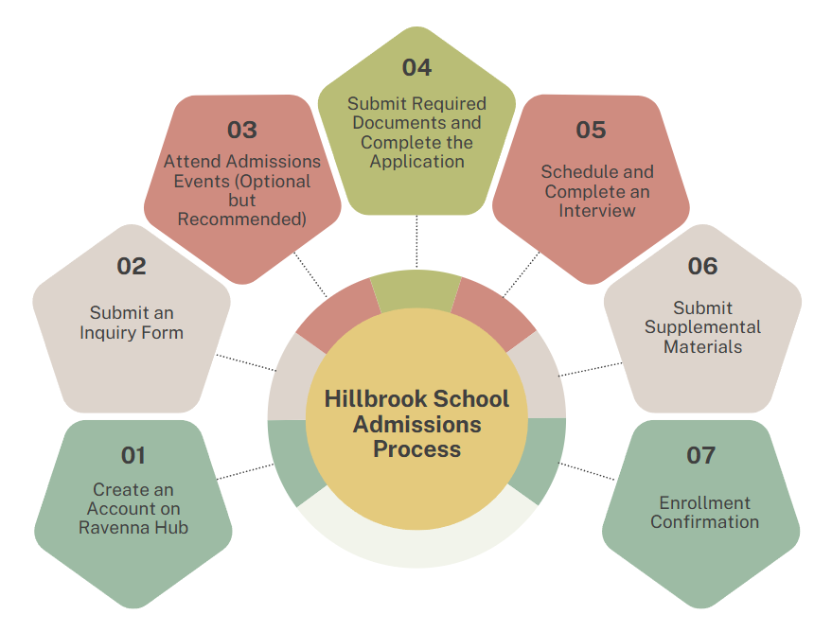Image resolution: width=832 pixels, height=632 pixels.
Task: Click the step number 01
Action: click(x=133, y=455)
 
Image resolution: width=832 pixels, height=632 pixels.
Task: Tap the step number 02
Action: click(x=131, y=266)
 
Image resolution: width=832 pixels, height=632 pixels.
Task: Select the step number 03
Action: click(x=242, y=130)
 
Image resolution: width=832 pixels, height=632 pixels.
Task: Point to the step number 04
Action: click(x=416, y=67)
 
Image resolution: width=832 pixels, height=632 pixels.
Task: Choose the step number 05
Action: click(x=591, y=130)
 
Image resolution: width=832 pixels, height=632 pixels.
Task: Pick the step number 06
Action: click(x=702, y=266)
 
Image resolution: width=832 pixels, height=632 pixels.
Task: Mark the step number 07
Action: click(x=701, y=455)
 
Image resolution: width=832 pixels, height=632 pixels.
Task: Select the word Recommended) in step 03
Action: click(x=242, y=219)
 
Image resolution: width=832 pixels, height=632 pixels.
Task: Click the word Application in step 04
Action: click(x=416, y=162)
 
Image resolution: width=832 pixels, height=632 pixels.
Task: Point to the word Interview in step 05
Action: click(x=597, y=210)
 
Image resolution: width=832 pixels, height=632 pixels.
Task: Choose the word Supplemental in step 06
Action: click(x=702, y=327)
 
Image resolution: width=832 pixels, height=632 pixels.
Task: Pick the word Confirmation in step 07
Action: click(x=704, y=521)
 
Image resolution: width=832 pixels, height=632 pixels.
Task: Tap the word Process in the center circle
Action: click(x=416, y=449)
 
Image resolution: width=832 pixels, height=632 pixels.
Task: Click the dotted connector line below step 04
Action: click(x=416, y=241)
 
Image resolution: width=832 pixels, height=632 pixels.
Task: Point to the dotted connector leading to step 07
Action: click(x=586, y=471)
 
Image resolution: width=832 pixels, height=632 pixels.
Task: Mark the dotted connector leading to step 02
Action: click(x=246, y=362)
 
